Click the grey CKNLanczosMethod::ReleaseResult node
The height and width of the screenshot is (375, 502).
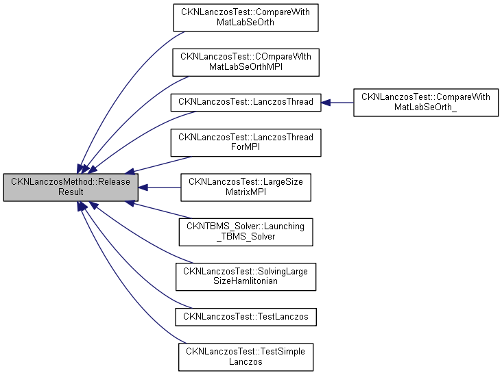coord(71,187)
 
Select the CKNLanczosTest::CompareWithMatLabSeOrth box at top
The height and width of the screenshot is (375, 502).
coord(246,18)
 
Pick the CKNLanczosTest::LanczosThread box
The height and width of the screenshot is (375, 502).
coord(246,102)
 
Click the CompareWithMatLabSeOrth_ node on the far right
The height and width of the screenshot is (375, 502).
coord(425,102)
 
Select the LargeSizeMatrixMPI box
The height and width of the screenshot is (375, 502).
coord(246,187)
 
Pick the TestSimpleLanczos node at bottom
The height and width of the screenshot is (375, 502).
coord(246,356)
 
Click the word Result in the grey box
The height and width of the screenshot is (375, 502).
coord(71,192)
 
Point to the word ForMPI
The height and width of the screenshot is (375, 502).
coord(246,150)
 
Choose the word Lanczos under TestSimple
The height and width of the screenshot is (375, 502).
coord(246,361)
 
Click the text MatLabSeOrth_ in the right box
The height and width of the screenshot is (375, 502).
coord(425,107)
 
